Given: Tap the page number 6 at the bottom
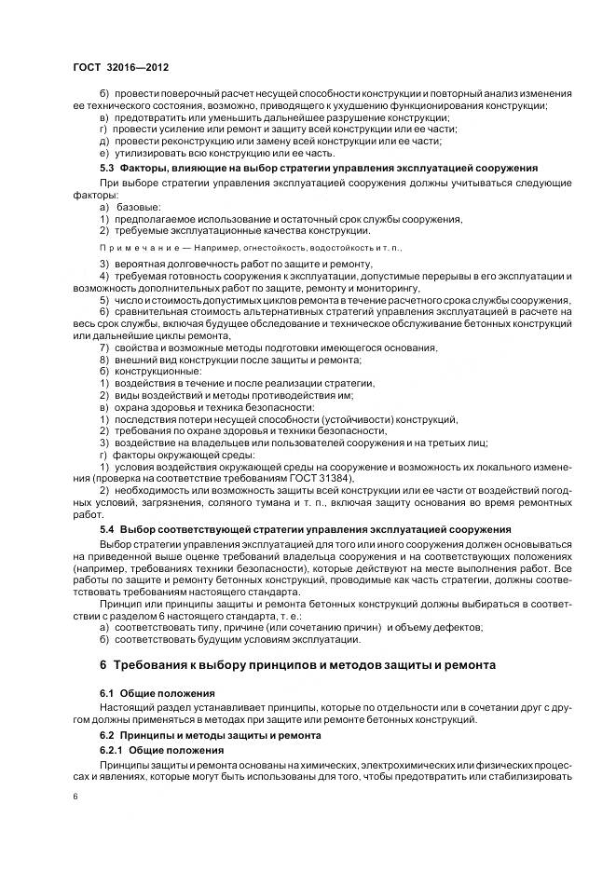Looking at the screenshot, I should [x=76, y=797].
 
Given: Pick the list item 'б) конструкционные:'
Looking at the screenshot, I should [x=144, y=372].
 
